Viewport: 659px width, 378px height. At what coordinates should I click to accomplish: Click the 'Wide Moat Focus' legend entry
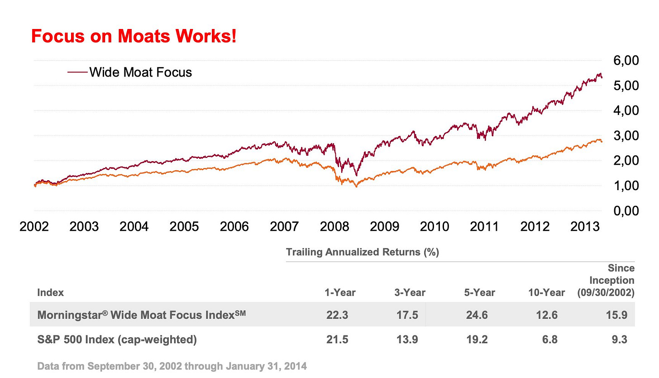[140, 72]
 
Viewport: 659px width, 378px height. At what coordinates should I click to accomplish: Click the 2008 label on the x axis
[334, 226]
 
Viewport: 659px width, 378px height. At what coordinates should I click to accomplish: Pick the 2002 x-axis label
[34, 226]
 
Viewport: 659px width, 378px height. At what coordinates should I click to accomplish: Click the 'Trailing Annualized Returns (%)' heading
[363, 252]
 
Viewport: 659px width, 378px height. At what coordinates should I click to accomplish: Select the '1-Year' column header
[340, 292]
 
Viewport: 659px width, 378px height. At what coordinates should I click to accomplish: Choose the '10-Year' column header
[547, 292]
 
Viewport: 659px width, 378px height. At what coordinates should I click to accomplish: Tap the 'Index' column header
[50, 292]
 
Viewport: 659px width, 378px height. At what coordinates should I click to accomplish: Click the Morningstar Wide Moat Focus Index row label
[141, 315]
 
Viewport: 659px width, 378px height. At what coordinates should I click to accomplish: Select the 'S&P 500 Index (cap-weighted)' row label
[117, 340]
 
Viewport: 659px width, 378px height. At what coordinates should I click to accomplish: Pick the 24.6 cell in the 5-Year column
[477, 315]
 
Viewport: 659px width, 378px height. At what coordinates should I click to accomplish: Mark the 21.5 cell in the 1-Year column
[337, 340]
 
